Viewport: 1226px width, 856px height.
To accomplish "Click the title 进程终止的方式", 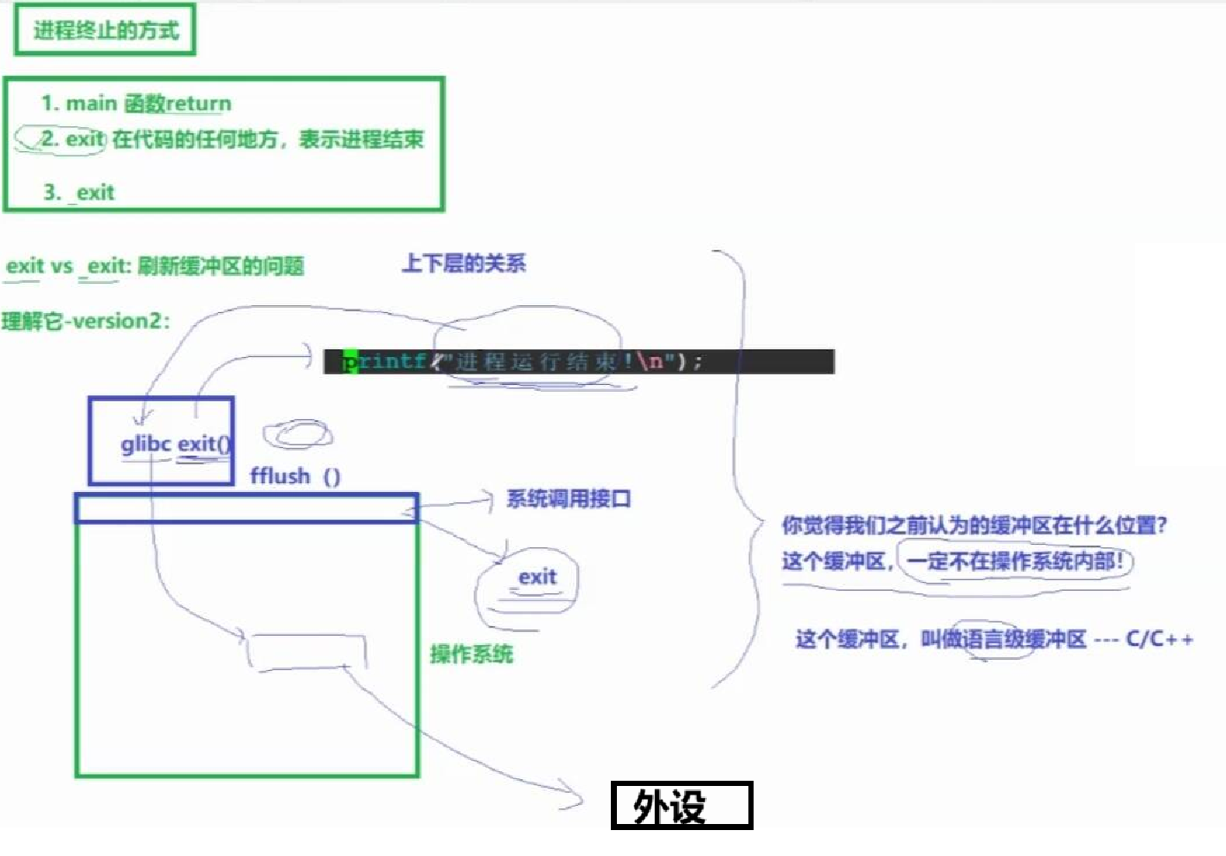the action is click(x=106, y=31).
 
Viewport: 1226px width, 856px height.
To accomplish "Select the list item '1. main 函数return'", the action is click(x=136, y=104).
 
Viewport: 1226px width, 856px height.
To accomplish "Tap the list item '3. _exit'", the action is click(x=79, y=192).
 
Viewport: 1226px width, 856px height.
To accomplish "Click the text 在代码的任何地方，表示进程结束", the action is click(x=268, y=139).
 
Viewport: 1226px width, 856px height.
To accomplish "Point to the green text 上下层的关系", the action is click(x=464, y=264).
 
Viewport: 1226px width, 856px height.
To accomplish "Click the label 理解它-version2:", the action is click(x=86, y=322).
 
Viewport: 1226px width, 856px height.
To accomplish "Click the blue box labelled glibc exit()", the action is click(x=161, y=441).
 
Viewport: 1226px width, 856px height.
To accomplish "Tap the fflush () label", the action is click(x=295, y=476).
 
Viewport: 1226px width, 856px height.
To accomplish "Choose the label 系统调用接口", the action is click(x=568, y=499).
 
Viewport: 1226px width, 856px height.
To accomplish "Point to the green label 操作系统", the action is click(x=472, y=654).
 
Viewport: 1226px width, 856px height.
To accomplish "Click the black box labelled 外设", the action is click(x=681, y=806).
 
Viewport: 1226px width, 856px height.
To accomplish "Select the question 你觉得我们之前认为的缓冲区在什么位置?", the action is click(x=974, y=525).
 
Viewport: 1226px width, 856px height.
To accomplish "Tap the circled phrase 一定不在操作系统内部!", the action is click(x=1015, y=561).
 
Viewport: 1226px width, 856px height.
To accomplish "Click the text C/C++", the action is click(x=1159, y=640).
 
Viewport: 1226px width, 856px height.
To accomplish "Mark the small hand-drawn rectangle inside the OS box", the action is click(x=306, y=651).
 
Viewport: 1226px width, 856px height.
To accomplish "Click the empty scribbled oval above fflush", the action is click(x=298, y=434).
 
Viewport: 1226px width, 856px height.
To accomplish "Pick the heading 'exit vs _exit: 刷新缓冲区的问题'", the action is click(x=155, y=266).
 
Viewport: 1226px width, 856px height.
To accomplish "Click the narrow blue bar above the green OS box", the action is click(x=247, y=508).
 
